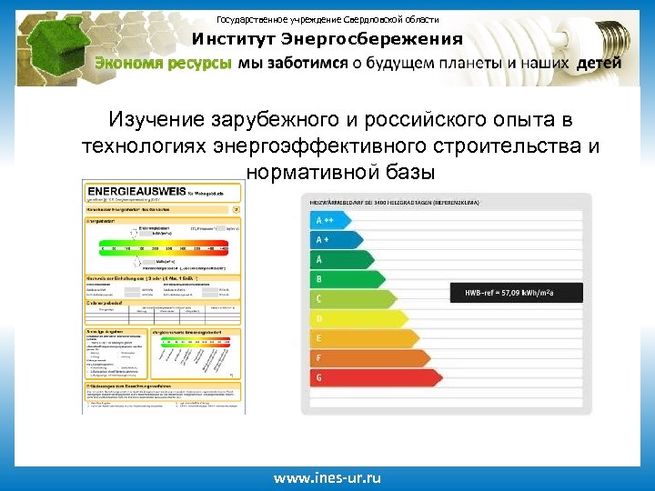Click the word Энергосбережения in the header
[x=372, y=40]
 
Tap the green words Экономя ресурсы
[x=164, y=63]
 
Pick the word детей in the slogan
[x=600, y=63]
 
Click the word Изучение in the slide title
[x=156, y=121]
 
